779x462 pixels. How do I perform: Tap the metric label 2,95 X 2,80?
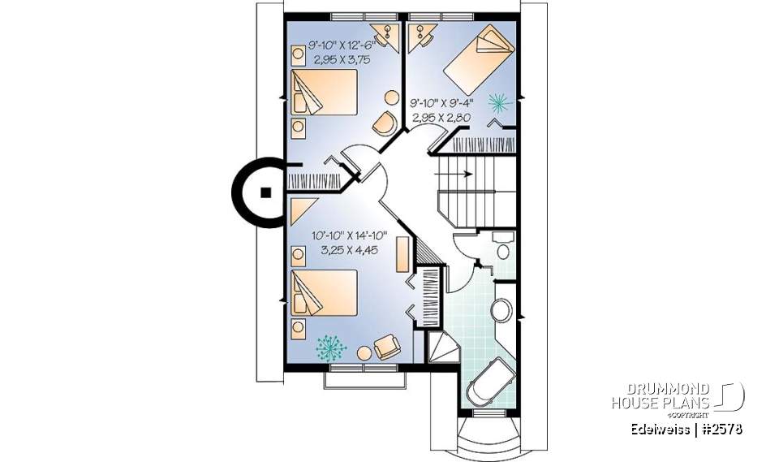pyautogui.click(x=442, y=118)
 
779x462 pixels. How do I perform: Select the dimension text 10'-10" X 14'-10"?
pyautogui.click(x=350, y=235)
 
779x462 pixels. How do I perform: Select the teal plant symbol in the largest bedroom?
pyautogui.click(x=331, y=348)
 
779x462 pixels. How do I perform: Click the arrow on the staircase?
pyautogui.click(x=460, y=173)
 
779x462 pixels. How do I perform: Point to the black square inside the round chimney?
pyautogui.click(x=265, y=192)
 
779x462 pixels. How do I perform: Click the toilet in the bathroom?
pyautogui.click(x=503, y=247)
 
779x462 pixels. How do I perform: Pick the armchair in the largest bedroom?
pyautogui.click(x=386, y=347)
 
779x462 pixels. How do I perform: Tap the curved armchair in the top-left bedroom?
pyautogui.click(x=383, y=123)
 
